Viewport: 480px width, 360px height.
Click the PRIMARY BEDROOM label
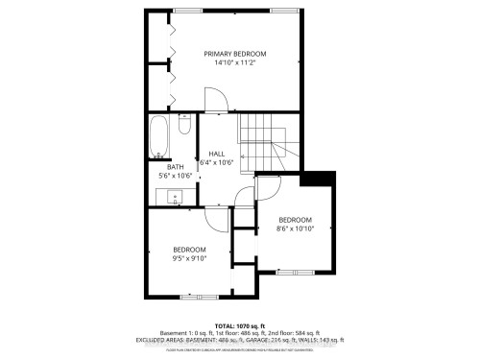coord(235,54)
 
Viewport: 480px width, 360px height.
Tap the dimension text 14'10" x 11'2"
coord(235,63)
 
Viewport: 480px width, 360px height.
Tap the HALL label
coord(216,154)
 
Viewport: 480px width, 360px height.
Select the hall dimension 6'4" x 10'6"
coord(216,163)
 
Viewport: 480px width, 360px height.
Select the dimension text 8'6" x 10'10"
coord(295,228)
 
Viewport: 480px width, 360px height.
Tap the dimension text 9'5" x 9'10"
coord(189,259)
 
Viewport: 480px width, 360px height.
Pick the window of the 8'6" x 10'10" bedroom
coord(296,273)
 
